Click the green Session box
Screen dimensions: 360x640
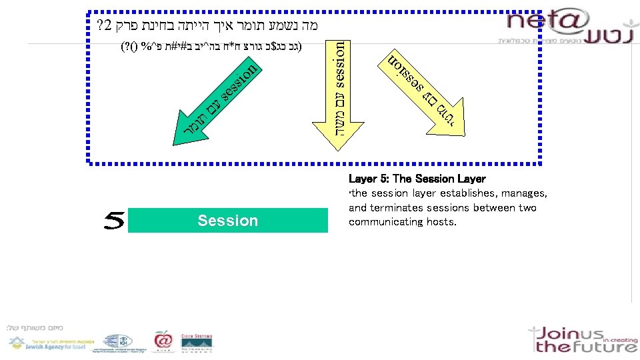[x=227, y=220]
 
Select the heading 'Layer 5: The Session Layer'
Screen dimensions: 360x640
[x=417, y=179]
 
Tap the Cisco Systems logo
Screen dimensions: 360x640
[x=197, y=341]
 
